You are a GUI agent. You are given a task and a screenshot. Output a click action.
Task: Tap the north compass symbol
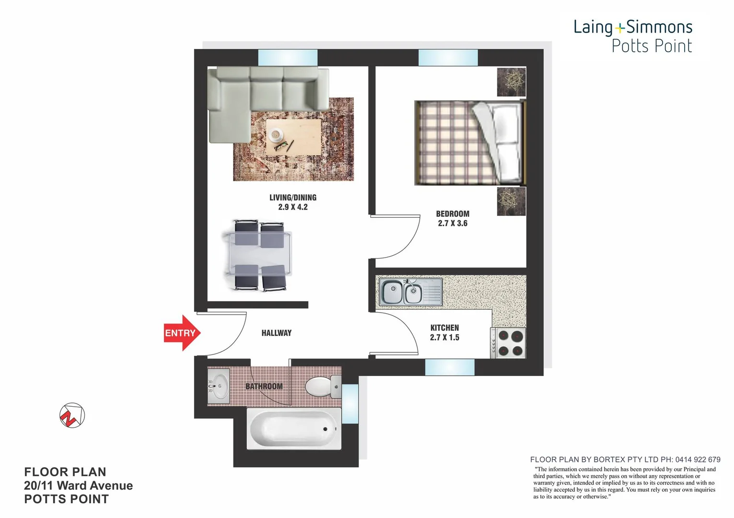(x=72, y=415)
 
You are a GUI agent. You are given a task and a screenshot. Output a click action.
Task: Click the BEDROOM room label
(x=453, y=214)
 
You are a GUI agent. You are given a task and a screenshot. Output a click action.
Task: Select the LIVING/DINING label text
(x=292, y=198)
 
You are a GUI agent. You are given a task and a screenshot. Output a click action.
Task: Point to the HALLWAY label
(x=276, y=333)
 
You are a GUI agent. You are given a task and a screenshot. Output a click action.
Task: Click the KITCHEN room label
(x=444, y=328)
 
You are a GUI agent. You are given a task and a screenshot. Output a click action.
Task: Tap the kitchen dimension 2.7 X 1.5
(x=444, y=338)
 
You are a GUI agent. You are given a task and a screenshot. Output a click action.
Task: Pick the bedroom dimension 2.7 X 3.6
(x=453, y=224)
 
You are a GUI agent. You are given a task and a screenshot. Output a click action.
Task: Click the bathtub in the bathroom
(x=294, y=428)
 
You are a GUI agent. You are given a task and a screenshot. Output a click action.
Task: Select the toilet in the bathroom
(x=322, y=387)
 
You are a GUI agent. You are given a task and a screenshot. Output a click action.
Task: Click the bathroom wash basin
(x=219, y=386)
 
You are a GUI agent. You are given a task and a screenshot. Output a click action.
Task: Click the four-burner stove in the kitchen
(x=509, y=343)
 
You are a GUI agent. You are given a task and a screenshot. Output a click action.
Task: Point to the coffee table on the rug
(x=293, y=137)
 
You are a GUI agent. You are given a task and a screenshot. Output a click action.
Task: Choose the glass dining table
(x=257, y=255)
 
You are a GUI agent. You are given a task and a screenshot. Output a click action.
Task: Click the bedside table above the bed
(x=511, y=82)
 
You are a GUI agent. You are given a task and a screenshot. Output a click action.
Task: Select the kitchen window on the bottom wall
(x=449, y=367)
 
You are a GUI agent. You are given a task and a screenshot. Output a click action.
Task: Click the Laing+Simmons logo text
(x=633, y=27)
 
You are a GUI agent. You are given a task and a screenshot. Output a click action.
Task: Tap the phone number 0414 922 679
(x=698, y=459)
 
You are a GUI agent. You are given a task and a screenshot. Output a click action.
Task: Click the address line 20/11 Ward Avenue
(x=78, y=485)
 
